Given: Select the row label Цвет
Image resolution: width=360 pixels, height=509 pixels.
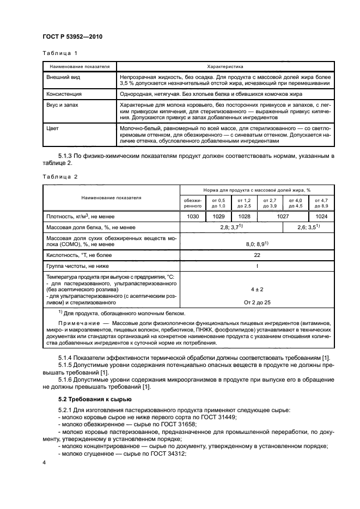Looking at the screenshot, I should pos(53,128).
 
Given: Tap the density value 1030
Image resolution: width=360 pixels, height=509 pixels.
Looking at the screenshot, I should pos(193,216).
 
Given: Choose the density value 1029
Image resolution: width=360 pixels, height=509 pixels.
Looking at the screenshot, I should pos(218,216).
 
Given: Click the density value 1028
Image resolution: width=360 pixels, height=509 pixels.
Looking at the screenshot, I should pos(244,216).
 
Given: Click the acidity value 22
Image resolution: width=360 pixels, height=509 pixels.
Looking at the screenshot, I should pos(257,254).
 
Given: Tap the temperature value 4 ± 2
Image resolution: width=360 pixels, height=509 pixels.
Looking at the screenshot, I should pos(257,290).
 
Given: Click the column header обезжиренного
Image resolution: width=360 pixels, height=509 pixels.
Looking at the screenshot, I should pos(193,203).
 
